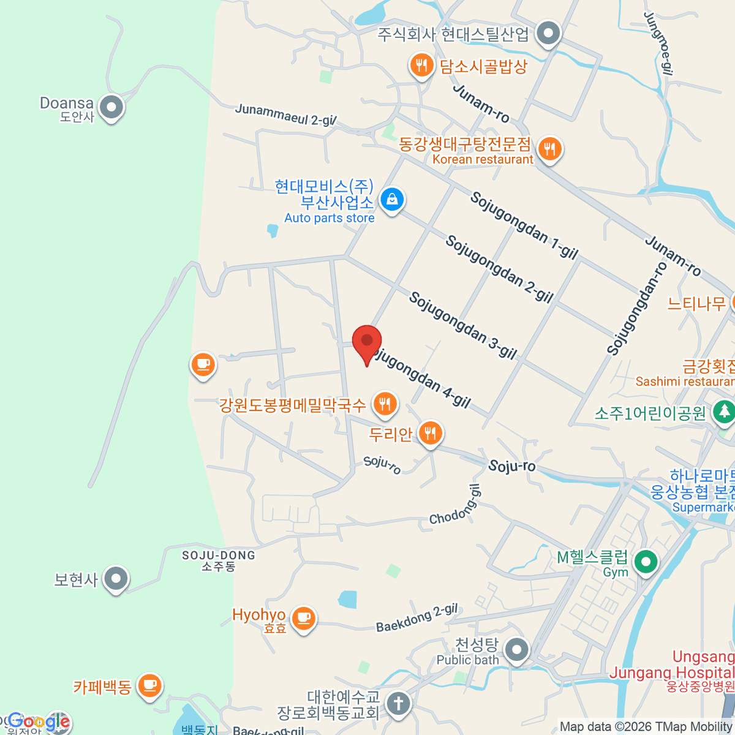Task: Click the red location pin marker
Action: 367,342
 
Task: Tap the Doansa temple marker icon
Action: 111,107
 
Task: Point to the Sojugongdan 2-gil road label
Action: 499,269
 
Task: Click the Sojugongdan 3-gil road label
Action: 463,325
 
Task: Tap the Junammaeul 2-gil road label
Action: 285,115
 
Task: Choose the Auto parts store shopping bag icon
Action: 391,199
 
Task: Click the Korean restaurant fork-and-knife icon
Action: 549,148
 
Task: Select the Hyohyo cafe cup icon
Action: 303,617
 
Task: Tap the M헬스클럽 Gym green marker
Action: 645,561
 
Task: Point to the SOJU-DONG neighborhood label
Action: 219,560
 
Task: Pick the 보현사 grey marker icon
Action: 115,578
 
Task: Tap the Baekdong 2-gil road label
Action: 417,618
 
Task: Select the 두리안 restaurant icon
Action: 431,433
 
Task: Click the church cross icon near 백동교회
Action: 398,703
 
